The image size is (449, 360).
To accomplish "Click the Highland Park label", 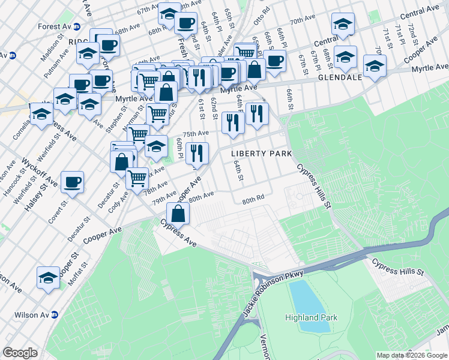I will pos(311,318).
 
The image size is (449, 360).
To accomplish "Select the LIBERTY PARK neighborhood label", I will pos(262,154).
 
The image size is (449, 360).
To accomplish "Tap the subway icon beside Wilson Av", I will pos(55,314).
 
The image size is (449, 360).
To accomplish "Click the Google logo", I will pos(20,353).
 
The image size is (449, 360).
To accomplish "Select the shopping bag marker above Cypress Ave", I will pos(179,212).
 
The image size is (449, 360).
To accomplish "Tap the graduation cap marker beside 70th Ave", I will pos(343,24).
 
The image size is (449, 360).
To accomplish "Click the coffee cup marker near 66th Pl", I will pos(274,61).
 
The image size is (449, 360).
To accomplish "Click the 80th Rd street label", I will pos(253,199).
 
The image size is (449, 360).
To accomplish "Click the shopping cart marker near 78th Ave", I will pos(137,178).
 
